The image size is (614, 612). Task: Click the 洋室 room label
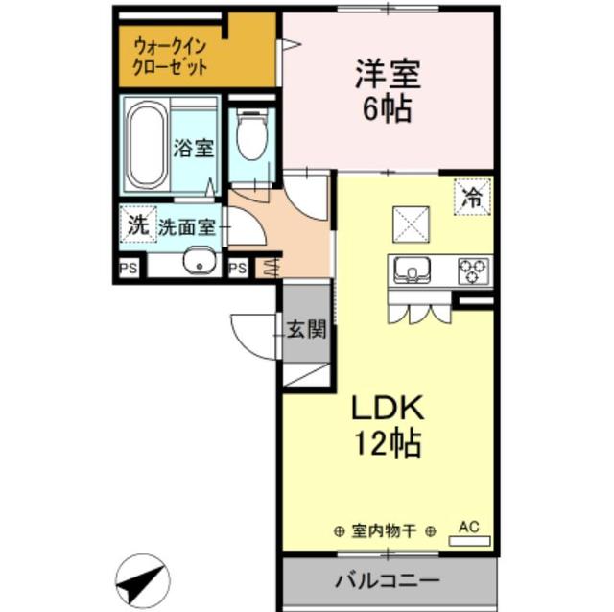pos(388,73)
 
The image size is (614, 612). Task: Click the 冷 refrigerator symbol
pos(472,199)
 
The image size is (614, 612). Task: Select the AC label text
pos(468,526)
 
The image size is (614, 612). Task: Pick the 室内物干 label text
pos(385,530)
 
